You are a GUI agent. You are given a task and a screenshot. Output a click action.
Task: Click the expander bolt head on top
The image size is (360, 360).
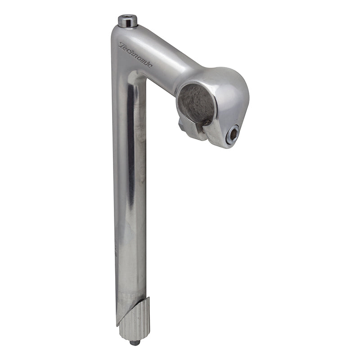point(128,21)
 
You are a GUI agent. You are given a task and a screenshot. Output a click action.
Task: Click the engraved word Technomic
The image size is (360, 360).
point(135,55)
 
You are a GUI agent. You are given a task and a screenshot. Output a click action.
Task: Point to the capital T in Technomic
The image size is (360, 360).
point(121,45)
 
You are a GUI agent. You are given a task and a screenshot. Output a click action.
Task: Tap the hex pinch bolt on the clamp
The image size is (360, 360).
point(233,135)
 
